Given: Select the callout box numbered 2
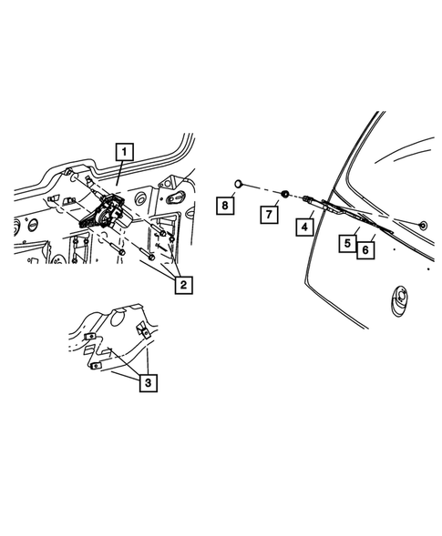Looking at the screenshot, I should tap(183, 286).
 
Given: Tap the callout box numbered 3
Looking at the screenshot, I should tap(147, 383).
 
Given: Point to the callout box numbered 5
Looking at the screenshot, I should tap(348, 243).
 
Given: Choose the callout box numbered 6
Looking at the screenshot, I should tap(365, 248).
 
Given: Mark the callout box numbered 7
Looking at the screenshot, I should tap(270, 214).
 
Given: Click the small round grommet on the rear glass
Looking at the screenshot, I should tap(423, 224).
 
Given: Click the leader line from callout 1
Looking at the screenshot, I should tap(120, 175).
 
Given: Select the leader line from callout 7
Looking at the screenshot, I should tap(277, 204).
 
